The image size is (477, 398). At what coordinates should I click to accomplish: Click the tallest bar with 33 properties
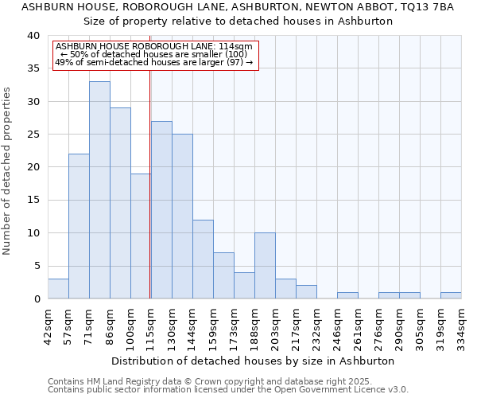pos(99,190)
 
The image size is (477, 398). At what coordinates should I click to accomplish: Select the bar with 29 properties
pos(120,203)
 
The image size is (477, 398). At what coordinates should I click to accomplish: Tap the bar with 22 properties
pos(79,226)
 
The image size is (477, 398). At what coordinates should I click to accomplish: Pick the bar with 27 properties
pos(161,210)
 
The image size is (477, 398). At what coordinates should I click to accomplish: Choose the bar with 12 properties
pos(203,259)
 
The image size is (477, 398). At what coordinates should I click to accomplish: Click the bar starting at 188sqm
pos(265,266)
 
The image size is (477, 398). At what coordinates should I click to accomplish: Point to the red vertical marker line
pos(150,183)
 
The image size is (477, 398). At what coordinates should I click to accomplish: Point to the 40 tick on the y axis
pos(34,36)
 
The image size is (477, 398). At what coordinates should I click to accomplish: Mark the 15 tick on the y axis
pos(34,201)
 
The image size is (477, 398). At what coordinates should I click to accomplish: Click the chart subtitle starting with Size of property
pos(238,21)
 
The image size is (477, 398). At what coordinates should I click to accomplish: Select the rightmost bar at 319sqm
pos(451,295)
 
